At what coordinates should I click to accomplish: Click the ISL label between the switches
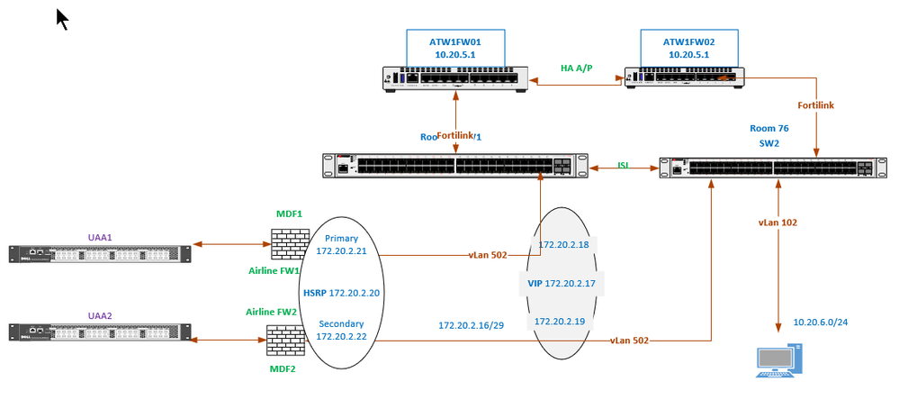[x=623, y=165]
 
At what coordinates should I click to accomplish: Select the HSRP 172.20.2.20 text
[x=341, y=294]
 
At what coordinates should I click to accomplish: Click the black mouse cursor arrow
[x=62, y=19]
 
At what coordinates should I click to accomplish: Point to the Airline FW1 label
[x=273, y=270]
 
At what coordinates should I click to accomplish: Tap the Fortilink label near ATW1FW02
[x=816, y=105]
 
